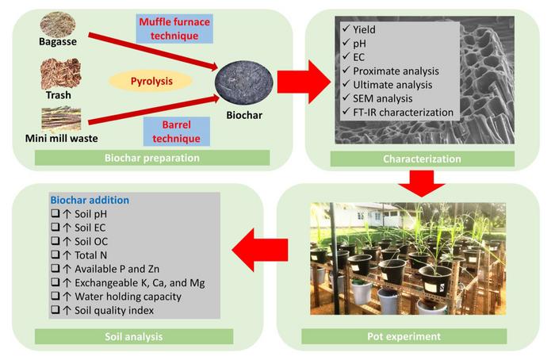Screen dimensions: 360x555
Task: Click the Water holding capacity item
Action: point(121,297)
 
